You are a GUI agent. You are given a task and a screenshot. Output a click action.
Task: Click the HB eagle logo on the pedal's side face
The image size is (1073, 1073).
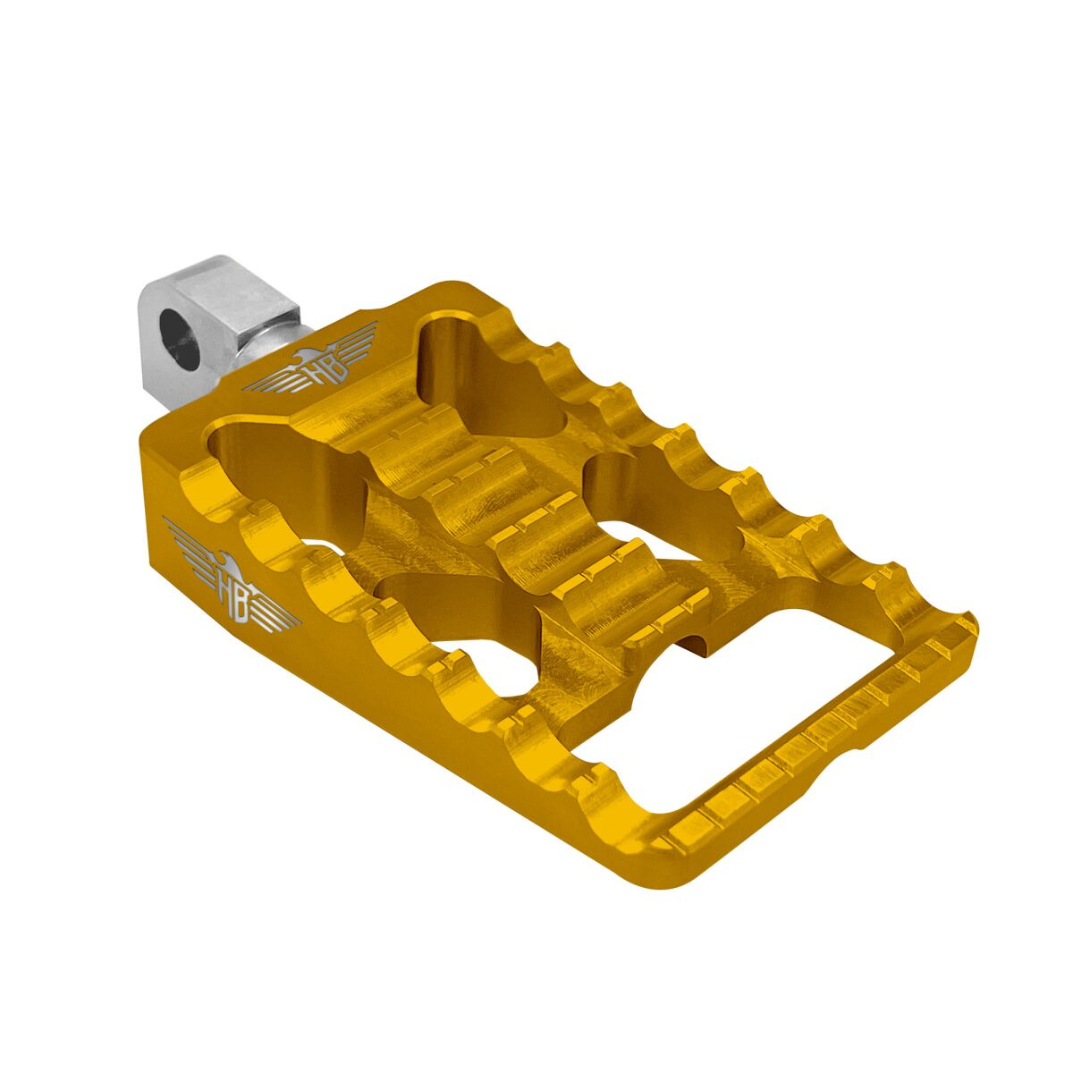(232, 587)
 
